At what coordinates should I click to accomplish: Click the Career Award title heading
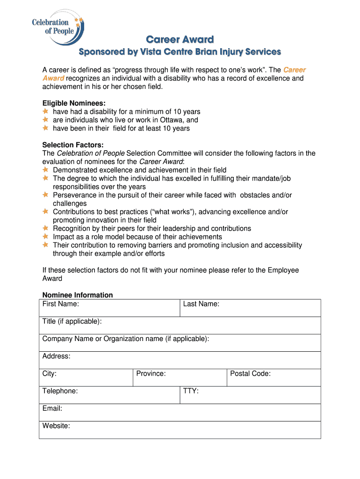pyautogui.click(x=180, y=39)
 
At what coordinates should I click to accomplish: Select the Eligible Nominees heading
pyautogui.click(x=74, y=103)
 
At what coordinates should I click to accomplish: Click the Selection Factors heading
pyautogui.click(x=73, y=145)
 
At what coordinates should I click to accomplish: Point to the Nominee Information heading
pyautogui.click(x=78, y=295)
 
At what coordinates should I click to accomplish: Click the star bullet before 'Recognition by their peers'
pyautogui.click(x=45, y=228)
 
